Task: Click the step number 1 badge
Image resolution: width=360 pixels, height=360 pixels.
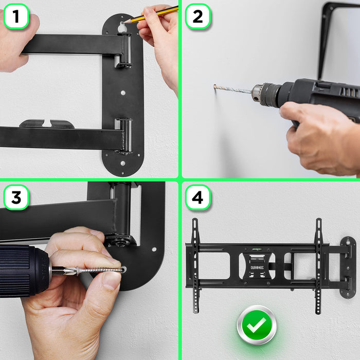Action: point(16,16)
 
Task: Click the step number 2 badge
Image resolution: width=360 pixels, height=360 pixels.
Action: point(197,16)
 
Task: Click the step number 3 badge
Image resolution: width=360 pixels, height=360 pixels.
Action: point(16,197)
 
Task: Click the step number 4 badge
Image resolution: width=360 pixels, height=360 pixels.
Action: point(197,197)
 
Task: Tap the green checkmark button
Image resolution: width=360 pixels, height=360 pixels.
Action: point(257,325)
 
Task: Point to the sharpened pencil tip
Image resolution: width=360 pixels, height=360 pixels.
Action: point(124,22)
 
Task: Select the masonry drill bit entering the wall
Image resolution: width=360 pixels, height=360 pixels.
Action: point(232,89)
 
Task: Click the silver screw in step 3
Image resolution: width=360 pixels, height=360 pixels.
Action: point(100,270)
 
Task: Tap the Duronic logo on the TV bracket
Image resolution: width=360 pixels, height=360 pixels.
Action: point(257,268)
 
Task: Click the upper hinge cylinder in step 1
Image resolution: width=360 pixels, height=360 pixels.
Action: point(125,50)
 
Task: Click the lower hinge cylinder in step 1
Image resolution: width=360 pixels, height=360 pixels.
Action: point(125,135)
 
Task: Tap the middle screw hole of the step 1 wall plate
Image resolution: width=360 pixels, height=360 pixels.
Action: point(123,93)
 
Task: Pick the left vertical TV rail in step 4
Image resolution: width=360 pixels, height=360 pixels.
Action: point(195,266)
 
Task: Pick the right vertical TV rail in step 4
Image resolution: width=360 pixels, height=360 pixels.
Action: point(318,266)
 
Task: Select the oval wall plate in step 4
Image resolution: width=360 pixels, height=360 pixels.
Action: point(348,268)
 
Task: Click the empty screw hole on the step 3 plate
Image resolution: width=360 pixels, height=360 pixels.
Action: point(154,249)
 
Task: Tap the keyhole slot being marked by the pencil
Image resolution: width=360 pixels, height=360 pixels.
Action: point(122,28)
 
